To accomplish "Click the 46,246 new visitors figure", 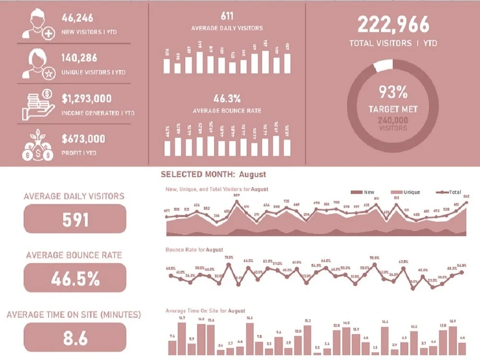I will [77, 18].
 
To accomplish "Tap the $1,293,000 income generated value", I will [86, 99].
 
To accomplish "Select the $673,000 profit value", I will [83, 139].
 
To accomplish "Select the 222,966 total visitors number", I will [393, 24].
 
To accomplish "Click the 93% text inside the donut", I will [393, 91].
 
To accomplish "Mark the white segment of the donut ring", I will [383, 66].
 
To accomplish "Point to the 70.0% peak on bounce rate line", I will [374, 264].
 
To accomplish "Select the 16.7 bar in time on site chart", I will [181, 338].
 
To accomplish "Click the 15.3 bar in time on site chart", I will [308, 340].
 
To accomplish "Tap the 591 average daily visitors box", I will [75, 219].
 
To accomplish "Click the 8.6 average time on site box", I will [75, 337].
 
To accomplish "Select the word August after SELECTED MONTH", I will [252, 174].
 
